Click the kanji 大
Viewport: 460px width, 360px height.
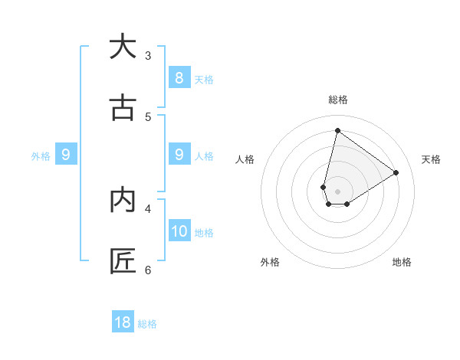click(123, 47)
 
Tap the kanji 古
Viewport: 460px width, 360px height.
click(123, 108)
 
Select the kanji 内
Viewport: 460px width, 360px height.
click(123, 200)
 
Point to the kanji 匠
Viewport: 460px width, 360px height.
click(123, 261)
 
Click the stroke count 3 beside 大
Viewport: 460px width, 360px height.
click(148, 55)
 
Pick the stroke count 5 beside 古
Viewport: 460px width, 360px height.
click(148, 116)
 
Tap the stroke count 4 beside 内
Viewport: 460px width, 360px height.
click(148, 208)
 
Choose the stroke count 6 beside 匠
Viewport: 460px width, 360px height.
click(148, 270)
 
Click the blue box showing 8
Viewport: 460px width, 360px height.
click(179, 77)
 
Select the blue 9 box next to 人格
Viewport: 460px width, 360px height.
click(179, 155)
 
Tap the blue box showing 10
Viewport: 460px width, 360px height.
click(179, 231)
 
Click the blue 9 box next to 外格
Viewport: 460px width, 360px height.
click(66, 155)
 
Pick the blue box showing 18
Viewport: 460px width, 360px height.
click(123, 322)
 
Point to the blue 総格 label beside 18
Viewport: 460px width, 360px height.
click(147, 324)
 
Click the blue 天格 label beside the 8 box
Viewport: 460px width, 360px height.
click(204, 79)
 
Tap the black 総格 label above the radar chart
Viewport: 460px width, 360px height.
click(337, 100)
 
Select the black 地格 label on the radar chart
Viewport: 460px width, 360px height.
click(402, 262)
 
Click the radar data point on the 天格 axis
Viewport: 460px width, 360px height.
click(396, 172)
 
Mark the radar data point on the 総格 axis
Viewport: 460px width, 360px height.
click(337, 131)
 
